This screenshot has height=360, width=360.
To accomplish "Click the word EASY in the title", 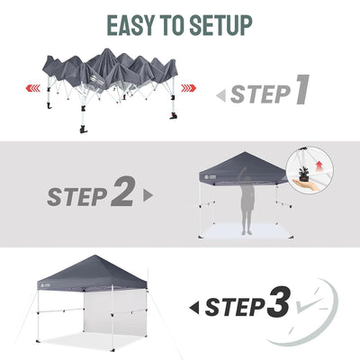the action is [x=130, y=25].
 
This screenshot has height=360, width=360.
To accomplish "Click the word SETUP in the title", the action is [x=220, y=25].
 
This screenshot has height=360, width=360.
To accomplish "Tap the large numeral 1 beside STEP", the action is [x=301, y=89].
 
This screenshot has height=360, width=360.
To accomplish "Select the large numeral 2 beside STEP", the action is [x=123, y=191].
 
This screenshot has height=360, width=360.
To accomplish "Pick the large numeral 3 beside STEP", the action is [x=279, y=302].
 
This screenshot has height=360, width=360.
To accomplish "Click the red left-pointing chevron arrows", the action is [x=33, y=88].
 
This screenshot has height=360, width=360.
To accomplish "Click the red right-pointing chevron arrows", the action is [x=189, y=88].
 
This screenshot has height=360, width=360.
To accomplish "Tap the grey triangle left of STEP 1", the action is [x=220, y=96].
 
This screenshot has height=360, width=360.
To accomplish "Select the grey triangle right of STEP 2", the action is [x=148, y=195].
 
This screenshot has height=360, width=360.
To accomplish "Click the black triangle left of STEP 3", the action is [x=194, y=309].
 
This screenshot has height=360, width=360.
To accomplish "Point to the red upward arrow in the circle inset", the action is [x=319, y=166].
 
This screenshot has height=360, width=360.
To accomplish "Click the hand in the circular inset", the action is [x=309, y=184].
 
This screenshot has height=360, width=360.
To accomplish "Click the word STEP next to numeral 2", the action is [x=77, y=197].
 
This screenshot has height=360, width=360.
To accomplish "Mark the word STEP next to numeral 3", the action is [x=235, y=308].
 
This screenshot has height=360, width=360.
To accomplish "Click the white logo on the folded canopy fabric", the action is [x=96, y=80].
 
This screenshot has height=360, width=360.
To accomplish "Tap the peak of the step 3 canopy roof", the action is [x=94, y=256].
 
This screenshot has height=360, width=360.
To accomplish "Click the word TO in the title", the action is [x=172, y=25].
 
